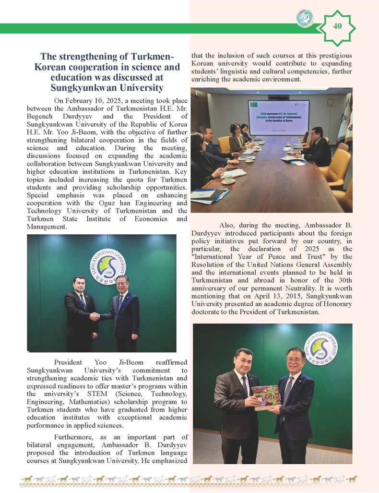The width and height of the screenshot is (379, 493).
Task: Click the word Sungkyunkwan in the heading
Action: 107,87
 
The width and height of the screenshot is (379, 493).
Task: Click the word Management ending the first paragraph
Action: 47,226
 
